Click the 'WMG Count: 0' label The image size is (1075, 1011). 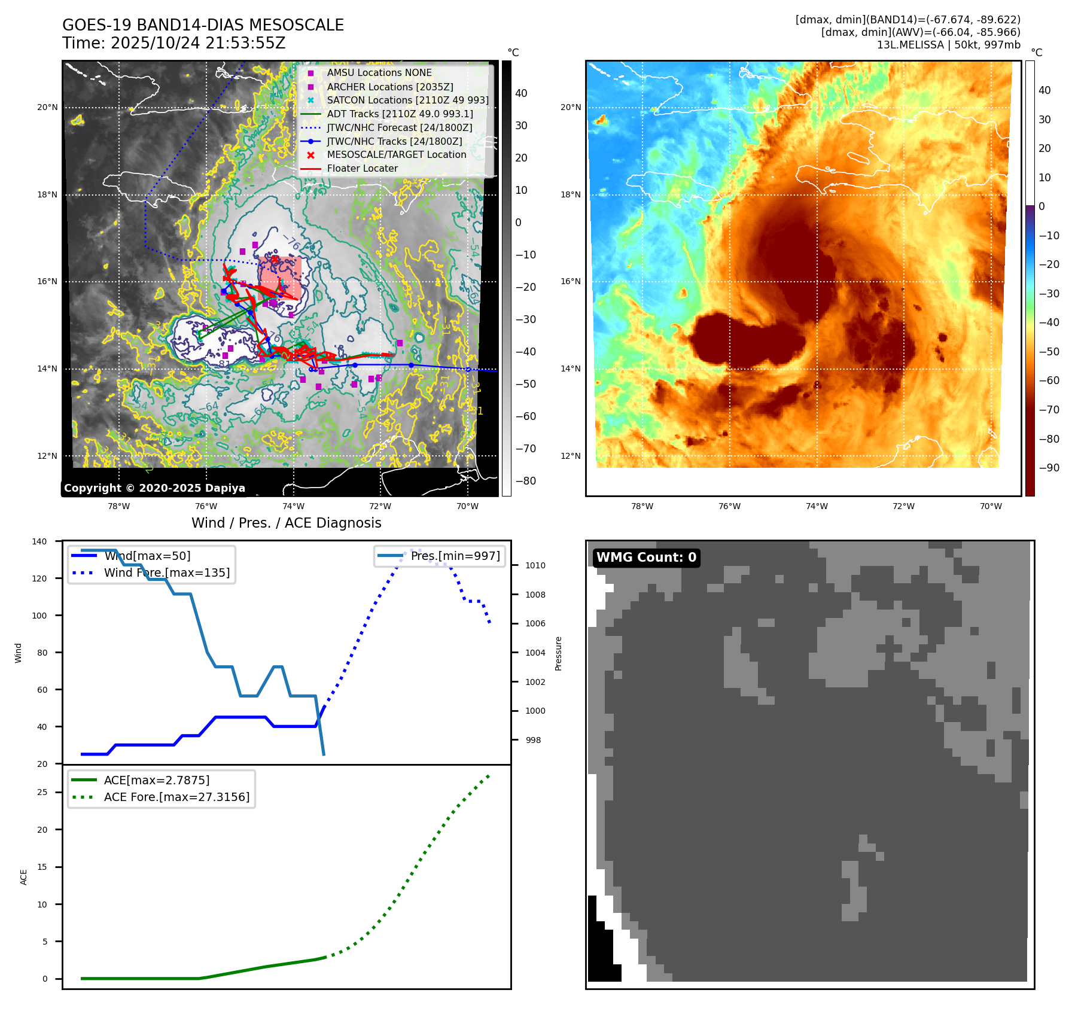(x=646, y=558)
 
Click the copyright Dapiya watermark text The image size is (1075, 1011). (x=154, y=488)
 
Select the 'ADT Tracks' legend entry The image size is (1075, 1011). (x=400, y=114)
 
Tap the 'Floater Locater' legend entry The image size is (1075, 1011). (x=362, y=169)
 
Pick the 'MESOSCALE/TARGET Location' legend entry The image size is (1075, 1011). (x=396, y=155)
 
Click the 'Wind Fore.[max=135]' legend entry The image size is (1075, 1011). (x=166, y=573)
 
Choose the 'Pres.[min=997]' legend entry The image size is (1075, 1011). (x=455, y=556)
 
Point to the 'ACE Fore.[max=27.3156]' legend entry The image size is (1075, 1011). (x=176, y=797)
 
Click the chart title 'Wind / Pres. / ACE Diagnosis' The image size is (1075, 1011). (x=286, y=523)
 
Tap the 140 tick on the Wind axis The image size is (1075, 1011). (x=39, y=541)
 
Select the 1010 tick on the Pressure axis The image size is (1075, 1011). (x=535, y=565)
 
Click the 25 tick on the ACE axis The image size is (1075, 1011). (x=42, y=792)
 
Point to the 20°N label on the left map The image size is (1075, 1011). (x=47, y=108)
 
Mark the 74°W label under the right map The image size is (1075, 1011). (x=816, y=506)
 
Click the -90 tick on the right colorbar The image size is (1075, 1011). (x=1049, y=468)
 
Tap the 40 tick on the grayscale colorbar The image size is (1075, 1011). (x=521, y=93)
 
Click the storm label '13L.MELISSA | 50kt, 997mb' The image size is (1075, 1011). (x=948, y=45)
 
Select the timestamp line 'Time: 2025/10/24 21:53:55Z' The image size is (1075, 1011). (x=173, y=43)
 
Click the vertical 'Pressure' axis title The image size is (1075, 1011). (x=558, y=653)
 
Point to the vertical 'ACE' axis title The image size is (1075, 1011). (x=24, y=877)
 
